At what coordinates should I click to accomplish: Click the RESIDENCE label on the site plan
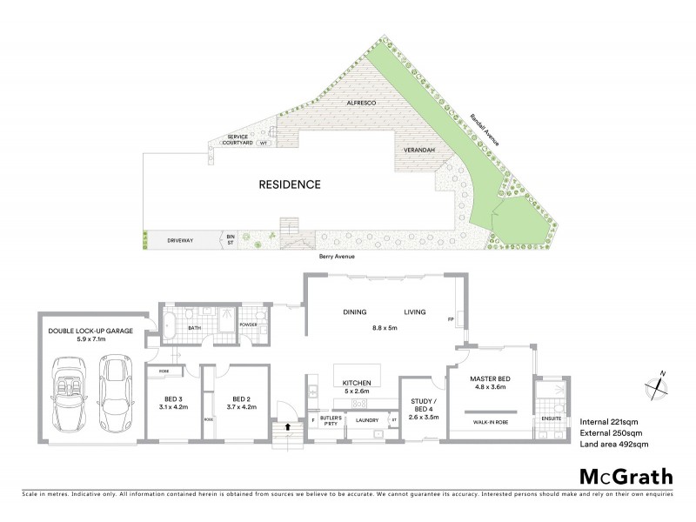point(291,184)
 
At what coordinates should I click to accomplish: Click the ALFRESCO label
point(360,103)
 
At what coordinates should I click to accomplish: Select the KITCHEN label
point(358,383)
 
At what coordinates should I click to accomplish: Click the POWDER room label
point(249,325)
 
